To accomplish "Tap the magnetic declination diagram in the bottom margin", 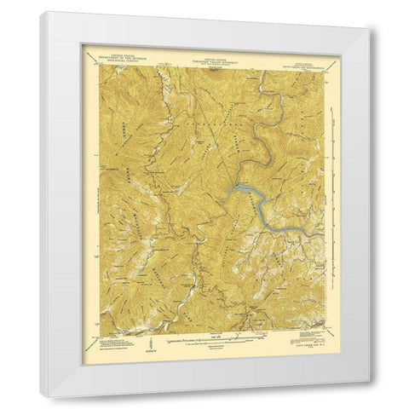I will (x=148, y=343).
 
